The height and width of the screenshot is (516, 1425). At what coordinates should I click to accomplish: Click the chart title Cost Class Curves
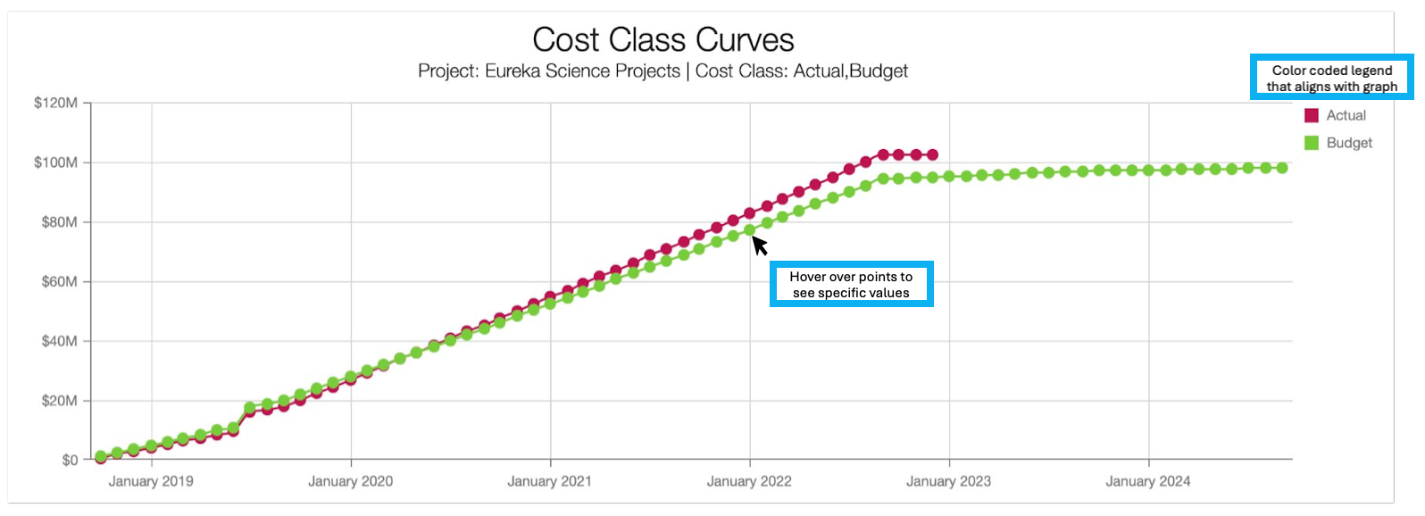[662, 40]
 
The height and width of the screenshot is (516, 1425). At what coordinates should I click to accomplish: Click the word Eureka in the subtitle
[513, 71]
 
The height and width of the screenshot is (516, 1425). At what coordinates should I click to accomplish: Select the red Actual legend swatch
[1311, 115]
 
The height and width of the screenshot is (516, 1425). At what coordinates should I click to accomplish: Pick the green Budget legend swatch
[1311, 143]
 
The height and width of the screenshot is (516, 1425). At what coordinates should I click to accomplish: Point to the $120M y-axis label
[55, 104]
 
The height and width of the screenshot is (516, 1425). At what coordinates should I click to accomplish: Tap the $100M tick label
[55, 162]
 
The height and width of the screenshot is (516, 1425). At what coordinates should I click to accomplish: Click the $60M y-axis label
[59, 282]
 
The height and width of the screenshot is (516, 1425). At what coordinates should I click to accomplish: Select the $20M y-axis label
[59, 401]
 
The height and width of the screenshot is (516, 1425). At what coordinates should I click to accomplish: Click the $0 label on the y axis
[70, 461]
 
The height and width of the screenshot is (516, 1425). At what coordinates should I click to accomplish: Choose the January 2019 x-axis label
[151, 481]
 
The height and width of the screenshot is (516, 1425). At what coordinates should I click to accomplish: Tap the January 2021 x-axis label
[549, 481]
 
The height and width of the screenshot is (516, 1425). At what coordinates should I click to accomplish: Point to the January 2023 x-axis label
[948, 481]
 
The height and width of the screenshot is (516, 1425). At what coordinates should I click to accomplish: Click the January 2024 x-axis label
[1147, 481]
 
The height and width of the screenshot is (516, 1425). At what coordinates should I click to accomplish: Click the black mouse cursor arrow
[759, 245]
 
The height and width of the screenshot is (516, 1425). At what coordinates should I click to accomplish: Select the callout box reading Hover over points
[851, 285]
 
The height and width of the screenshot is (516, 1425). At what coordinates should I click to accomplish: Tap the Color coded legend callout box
[1331, 79]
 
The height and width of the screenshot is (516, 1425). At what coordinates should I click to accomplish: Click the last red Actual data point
[932, 155]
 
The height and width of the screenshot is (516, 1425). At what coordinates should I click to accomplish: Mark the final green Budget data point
[1282, 168]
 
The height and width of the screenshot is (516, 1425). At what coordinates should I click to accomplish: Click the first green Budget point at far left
[101, 456]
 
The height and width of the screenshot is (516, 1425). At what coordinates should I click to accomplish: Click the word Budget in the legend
[1349, 143]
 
